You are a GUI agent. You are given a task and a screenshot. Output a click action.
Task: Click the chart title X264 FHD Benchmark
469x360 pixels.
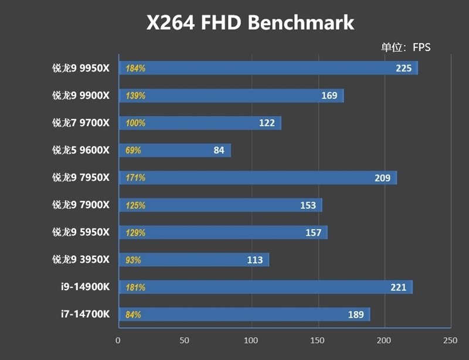250,22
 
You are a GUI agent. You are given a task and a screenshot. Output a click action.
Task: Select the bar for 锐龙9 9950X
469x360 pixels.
268,68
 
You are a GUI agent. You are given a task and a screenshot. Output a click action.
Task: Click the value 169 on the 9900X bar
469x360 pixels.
329,96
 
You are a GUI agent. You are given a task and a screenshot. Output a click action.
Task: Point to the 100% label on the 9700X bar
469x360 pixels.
135,123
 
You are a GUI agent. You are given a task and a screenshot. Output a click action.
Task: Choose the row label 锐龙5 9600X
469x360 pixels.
80,150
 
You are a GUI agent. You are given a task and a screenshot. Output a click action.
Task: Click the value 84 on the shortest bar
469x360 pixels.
219,150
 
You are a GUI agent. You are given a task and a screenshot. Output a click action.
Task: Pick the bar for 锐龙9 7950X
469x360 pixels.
257,178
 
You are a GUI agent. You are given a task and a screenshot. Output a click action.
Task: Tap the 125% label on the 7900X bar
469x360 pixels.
135,205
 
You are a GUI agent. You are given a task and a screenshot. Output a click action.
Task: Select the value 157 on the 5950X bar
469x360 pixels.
314,233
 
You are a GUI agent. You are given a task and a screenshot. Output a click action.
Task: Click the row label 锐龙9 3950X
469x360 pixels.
80,260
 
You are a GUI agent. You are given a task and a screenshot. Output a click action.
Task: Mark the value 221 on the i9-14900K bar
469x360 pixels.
399,287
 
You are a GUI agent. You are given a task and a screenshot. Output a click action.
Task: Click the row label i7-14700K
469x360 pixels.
85,314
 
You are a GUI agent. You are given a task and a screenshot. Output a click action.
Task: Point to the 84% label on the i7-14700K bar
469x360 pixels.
133,315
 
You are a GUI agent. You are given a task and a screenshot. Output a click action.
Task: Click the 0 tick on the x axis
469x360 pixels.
118,341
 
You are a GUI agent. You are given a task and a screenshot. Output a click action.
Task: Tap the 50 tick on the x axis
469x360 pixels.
185,341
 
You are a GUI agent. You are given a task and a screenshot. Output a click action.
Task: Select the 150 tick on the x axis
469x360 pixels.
318,341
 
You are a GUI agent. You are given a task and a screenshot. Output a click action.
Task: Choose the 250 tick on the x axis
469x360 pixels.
450,341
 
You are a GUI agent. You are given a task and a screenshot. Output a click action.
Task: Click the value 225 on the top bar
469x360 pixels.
404,68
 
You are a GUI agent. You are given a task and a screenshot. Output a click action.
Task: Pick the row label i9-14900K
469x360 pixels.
85,287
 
